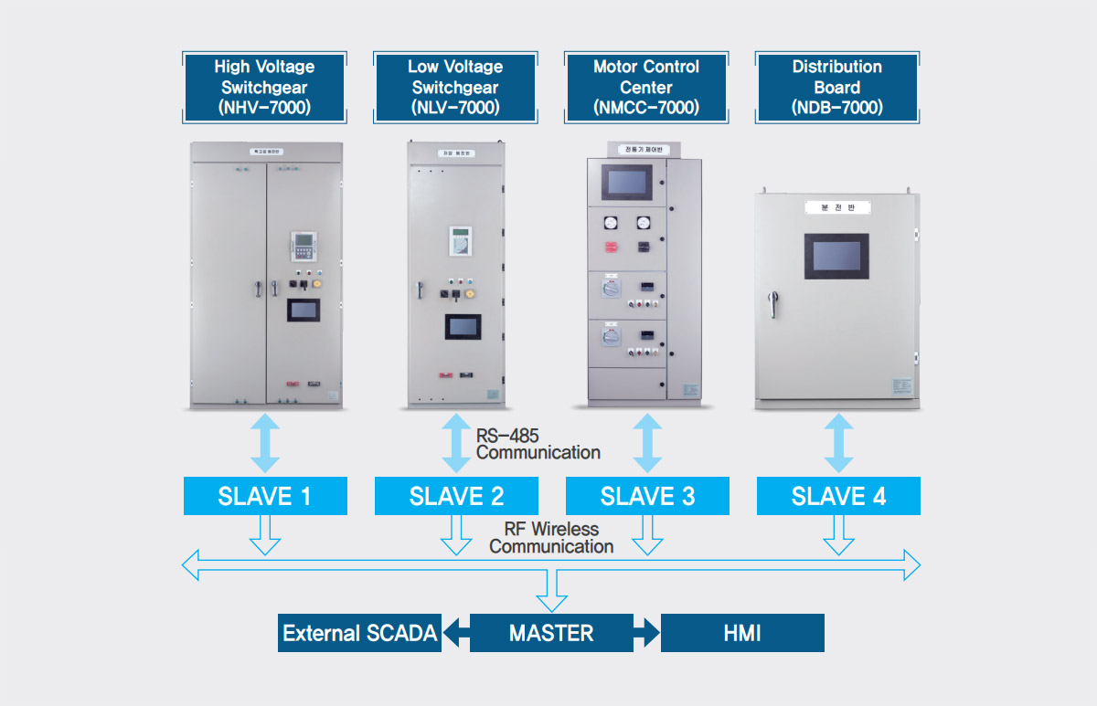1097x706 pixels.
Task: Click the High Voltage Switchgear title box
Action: (264, 87)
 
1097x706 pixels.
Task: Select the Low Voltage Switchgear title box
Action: (455, 87)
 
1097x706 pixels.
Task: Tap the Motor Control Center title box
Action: (646, 87)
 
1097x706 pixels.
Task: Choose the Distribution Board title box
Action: (836, 87)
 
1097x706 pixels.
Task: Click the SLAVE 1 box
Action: (265, 496)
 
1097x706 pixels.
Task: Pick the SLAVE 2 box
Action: (456, 496)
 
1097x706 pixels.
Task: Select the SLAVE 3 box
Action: (647, 496)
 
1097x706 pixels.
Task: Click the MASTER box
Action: (551, 633)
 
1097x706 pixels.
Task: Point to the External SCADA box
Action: (359, 633)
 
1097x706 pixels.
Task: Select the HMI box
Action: (742, 633)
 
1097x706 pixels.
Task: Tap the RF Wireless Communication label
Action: (551, 537)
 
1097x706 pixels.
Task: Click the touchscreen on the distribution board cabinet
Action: (836, 256)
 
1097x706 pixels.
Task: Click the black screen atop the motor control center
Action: (625, 182)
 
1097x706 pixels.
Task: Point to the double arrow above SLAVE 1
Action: (265, 443)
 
